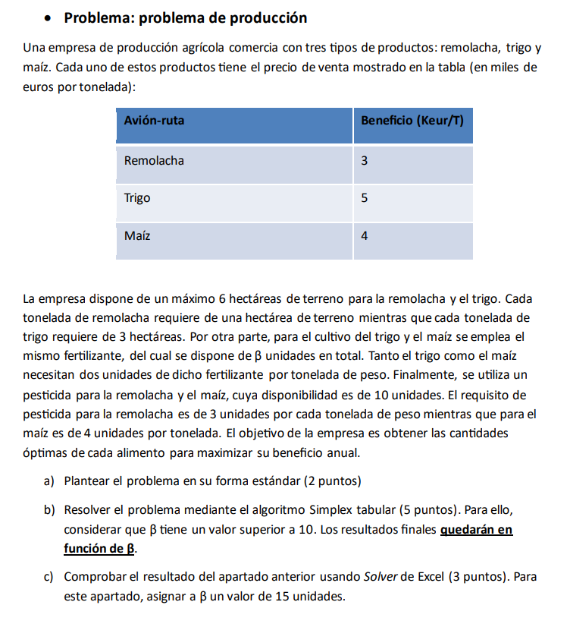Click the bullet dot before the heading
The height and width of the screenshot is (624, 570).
tap(48, 18)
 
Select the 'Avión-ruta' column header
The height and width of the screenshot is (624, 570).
tap(154, 120)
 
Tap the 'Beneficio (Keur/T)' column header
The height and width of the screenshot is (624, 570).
tap(412, 120)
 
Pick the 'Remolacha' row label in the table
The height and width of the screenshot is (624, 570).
tap(154, 161)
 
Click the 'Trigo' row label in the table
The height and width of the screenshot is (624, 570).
tap(137, 198)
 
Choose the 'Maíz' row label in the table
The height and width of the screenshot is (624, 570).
tap(136, 236)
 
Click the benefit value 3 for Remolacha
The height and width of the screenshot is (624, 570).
tap(365, 161)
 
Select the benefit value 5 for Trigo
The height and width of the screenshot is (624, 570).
tap(365, 198)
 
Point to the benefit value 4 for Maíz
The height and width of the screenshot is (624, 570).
tap(365, 236)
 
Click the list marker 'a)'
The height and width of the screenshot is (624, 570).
tap(49, 481)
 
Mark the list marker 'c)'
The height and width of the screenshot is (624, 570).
tap(49, 576)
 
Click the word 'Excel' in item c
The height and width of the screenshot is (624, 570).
tap(429, 576)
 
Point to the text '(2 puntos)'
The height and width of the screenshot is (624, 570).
tap(332, 481)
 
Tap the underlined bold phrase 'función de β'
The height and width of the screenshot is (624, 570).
tap(99, 548)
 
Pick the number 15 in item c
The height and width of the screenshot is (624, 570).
tap(281, 596)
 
